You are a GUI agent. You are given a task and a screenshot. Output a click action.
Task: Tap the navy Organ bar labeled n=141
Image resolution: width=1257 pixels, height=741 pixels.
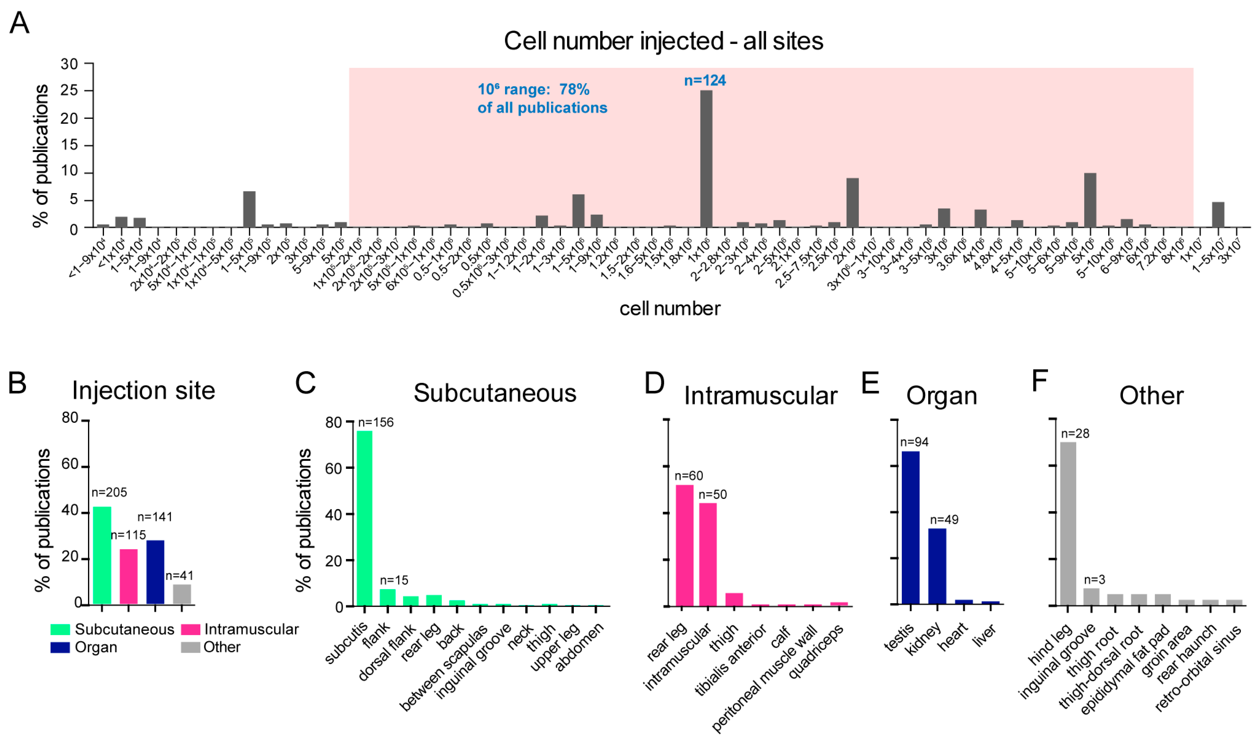(x=156, y=572)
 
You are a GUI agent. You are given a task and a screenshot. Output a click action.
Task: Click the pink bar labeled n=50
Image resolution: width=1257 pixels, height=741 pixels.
(x=708, y=554)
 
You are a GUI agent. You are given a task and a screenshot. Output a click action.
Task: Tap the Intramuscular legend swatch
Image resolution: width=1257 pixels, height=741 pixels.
(x=190, y=629)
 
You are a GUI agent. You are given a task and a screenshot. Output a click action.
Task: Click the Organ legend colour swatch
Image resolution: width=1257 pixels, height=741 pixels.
(x=60, y=647)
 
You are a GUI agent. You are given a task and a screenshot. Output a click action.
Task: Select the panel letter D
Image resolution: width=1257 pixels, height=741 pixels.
(x=654, y=383)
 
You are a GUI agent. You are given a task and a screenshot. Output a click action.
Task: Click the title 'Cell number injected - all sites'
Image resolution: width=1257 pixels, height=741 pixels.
(x=663, y=41)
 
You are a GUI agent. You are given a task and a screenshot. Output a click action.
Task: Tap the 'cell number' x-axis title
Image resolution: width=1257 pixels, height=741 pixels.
(x=669, y=309)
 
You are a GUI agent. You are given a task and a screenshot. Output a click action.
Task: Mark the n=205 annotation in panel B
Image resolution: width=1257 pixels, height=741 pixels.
(x=109, y=492)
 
